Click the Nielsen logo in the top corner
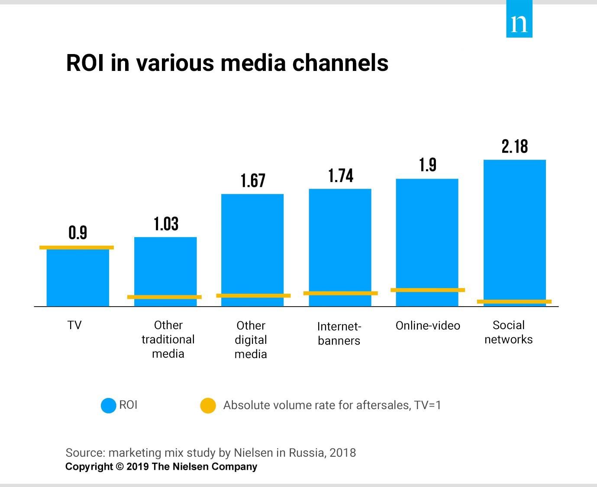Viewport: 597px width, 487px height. coord(519,19)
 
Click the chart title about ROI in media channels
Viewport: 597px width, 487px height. coord(227,63)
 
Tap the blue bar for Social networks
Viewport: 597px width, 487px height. coord(514,229)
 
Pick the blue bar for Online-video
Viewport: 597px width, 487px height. coord(427,234)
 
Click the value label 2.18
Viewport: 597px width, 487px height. coord(515,147)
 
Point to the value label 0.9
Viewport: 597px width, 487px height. coord(78,233)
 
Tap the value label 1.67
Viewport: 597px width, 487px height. coord(253,180)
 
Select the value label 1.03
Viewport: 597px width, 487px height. coord(166,224)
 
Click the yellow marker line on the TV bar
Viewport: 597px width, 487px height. coord(77,247)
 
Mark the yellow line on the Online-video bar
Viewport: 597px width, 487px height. coord(428,290)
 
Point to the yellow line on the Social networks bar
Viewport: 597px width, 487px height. coord(514,301)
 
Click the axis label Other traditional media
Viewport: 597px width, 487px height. coord(168,340)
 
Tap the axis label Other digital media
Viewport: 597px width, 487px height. coord(251,340)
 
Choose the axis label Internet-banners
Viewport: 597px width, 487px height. coord(339,333)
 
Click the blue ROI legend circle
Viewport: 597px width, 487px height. coord(108,405)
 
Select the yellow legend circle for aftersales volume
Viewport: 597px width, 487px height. coord(208,405)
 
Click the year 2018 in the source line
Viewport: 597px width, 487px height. coord(342,453)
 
